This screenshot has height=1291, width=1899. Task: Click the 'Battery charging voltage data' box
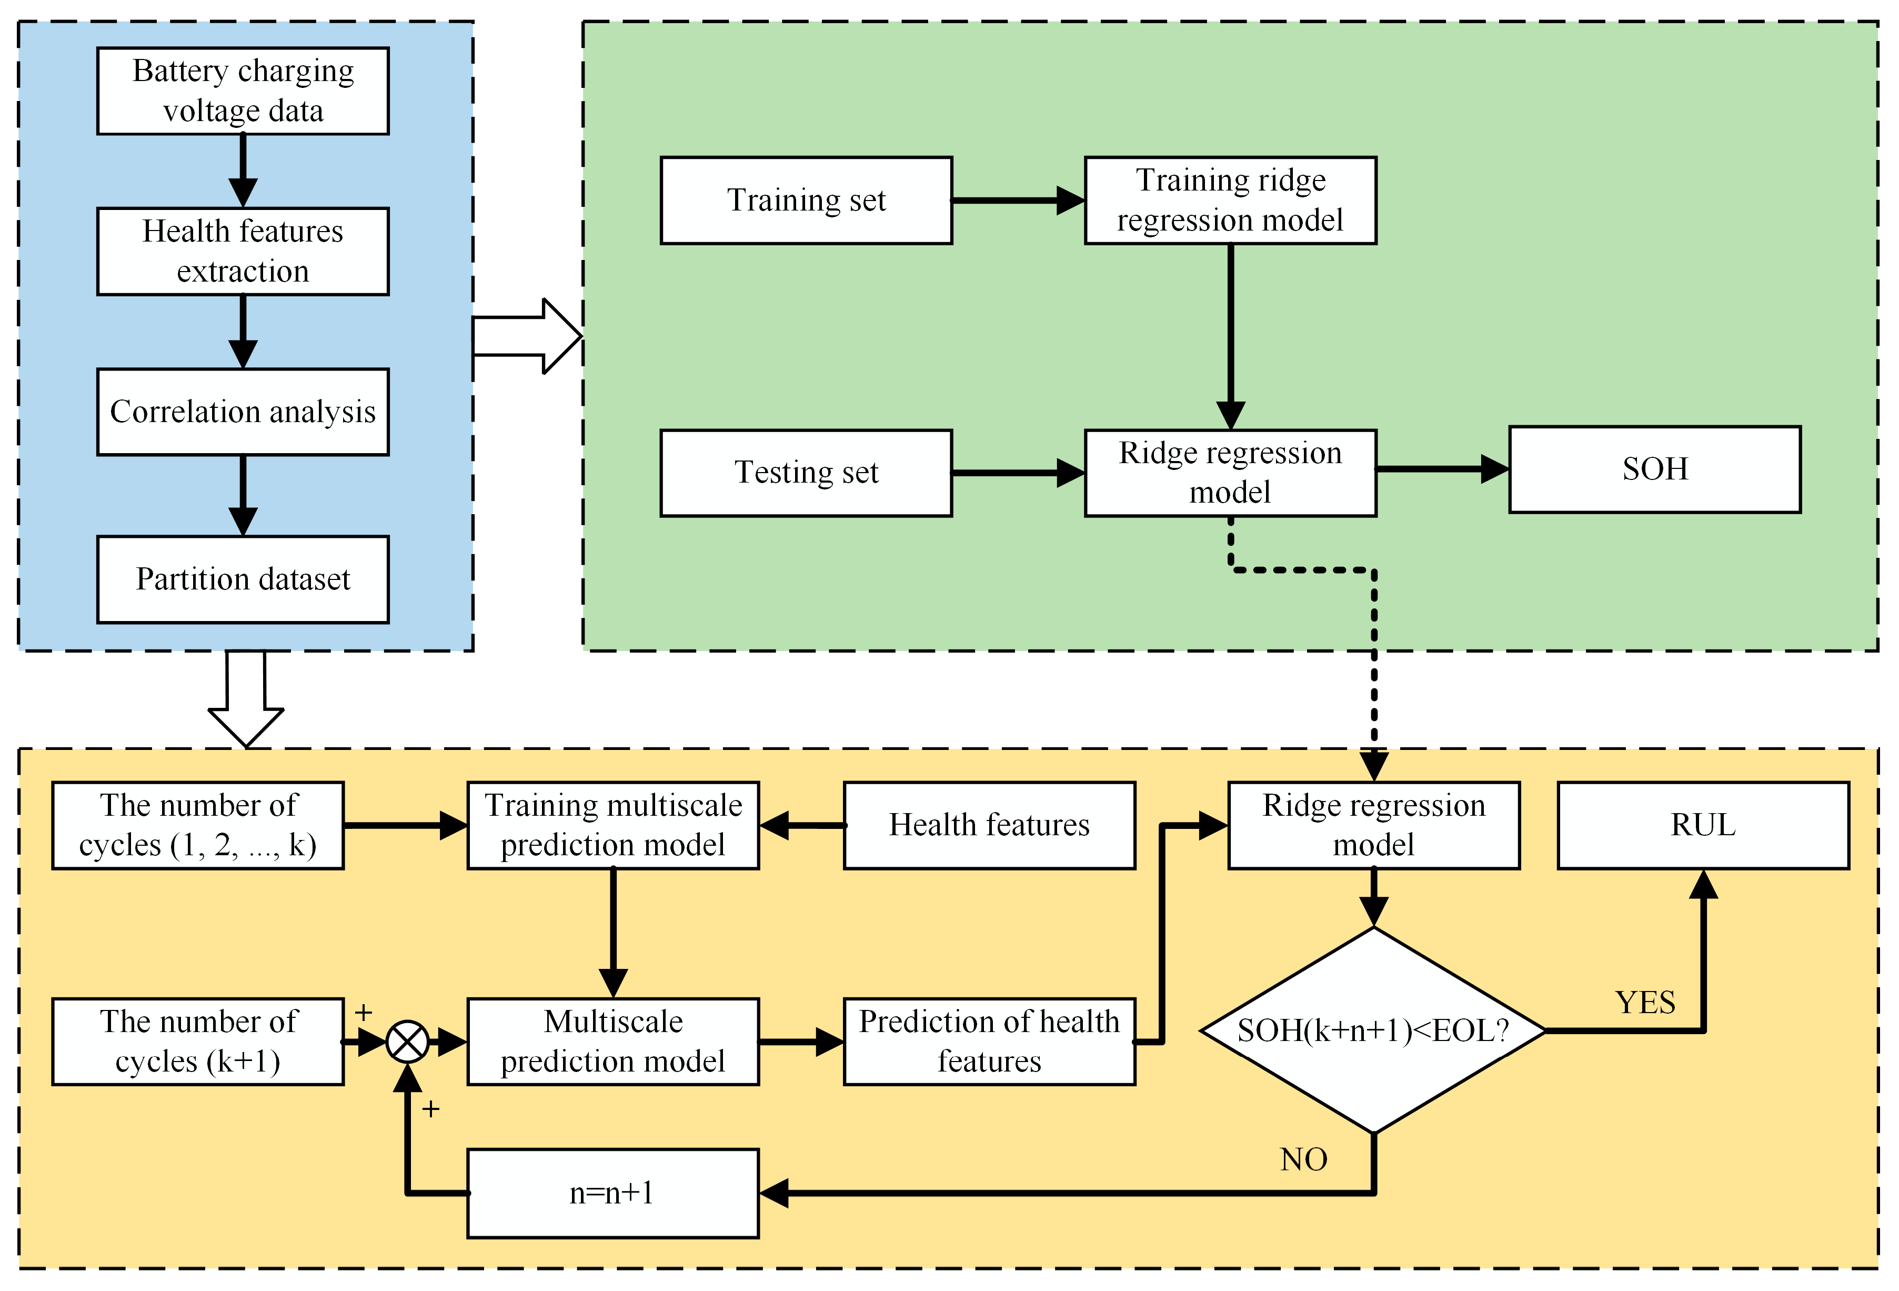243,91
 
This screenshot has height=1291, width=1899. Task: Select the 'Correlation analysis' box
243,412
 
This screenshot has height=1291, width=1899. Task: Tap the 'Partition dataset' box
243,579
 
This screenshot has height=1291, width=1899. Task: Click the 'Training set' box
807,200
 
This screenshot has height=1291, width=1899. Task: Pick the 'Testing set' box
807,473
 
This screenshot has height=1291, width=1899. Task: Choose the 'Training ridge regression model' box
1231,200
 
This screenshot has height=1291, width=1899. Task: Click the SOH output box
1655,469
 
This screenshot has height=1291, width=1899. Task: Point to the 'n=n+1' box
613,1193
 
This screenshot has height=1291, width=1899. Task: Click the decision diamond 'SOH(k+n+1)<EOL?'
1373,1030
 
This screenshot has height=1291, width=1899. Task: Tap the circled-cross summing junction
407,1042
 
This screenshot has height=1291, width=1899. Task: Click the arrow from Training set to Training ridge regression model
1019,200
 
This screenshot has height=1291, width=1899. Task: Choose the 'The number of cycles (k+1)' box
198,1042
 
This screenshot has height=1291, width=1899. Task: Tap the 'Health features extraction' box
243,252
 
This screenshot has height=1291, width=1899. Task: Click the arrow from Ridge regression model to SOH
1443,469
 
